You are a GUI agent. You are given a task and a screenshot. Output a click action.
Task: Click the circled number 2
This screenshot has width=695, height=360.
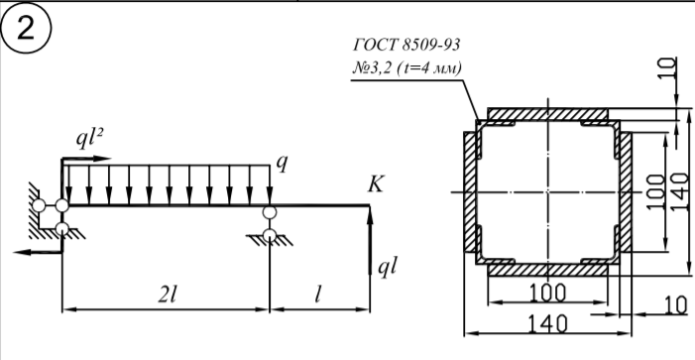26,29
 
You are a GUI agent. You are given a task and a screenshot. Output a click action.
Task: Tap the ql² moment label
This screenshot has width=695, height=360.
89,139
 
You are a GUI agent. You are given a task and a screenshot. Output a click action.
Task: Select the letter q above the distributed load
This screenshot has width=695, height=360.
282,164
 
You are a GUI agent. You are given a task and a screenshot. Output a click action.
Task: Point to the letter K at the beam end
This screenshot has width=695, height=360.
376,183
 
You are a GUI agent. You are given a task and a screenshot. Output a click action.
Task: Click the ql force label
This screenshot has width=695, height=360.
387,268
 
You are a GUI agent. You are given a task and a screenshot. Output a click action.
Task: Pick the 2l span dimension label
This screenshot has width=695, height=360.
168,295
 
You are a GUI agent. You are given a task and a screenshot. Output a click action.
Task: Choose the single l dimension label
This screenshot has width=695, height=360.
317,295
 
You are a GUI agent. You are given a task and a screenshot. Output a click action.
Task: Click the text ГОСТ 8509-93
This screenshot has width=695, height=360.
406,45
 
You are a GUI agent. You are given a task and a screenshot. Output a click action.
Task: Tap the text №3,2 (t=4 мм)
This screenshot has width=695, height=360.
406,67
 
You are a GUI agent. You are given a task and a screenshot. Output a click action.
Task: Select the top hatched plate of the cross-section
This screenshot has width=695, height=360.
548,114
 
